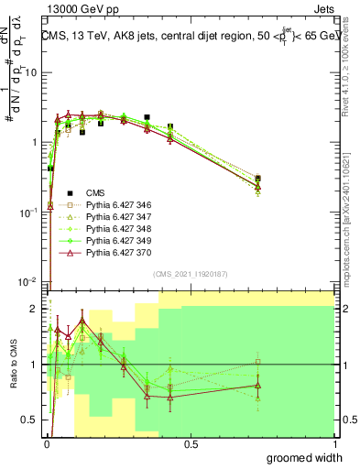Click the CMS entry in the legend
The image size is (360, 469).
point(94,192)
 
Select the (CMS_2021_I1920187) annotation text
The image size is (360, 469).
point(191,273)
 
